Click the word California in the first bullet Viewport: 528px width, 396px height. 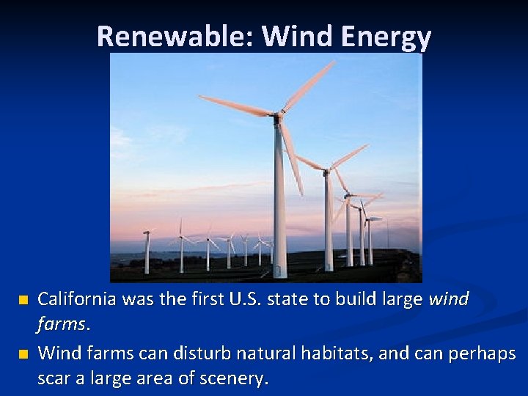(x=78, y=299)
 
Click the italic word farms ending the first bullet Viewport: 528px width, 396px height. (x=62, y=323)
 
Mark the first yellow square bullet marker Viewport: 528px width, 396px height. (x=23, y=300)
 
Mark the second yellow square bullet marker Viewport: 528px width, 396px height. (x=23, y=354)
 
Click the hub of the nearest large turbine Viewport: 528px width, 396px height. (x=277, y=115)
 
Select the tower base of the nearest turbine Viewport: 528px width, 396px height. (x=279, y=271)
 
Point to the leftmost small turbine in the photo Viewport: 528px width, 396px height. (x=147, y=249)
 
